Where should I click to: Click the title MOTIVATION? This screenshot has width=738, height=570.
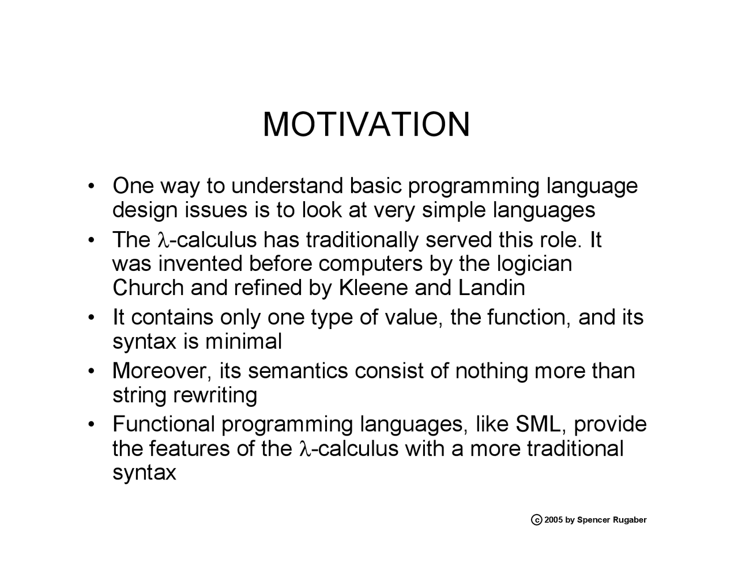[x=366, y=124]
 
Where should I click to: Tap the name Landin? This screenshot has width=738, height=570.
[x=491, y=287]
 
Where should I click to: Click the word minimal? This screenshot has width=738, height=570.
[x=243, y=341]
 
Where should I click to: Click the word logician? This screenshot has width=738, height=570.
[x=534, y=263]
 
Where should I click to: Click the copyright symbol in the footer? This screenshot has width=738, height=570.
[x=536, y=520]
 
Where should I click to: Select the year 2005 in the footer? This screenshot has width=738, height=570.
[x=553, y=520]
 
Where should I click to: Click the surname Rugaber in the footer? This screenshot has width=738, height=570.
[x=629, y=520]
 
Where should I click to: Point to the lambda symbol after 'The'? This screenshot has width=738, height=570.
[x=161, y=240]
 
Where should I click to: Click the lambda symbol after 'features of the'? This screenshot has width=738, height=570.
[x=305, y=448]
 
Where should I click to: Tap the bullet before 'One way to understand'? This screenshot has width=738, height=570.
[x=91, y=187]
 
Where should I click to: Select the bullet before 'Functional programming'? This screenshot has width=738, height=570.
[x=91, y=425]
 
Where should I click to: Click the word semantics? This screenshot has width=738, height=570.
[x=298, y=371]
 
